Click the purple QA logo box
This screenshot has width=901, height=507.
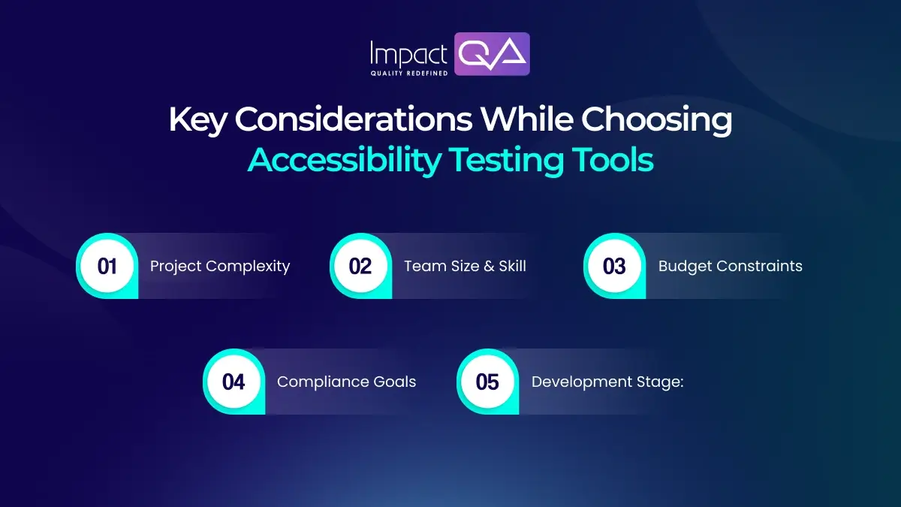493,54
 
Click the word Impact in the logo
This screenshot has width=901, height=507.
409,53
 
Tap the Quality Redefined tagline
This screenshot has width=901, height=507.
409,73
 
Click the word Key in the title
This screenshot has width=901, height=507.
197,120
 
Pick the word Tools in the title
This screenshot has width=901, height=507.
611,160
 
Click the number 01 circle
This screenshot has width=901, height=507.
107,266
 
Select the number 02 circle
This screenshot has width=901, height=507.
361,266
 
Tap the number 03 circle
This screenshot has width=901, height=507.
615,266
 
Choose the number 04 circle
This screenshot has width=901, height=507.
234,382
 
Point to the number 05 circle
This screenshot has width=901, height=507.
488,382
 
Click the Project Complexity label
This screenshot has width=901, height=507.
220,266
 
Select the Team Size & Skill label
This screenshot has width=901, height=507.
465,266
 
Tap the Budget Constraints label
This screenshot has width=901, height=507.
730,266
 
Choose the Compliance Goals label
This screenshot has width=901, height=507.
346,382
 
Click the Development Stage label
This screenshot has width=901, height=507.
607,382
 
